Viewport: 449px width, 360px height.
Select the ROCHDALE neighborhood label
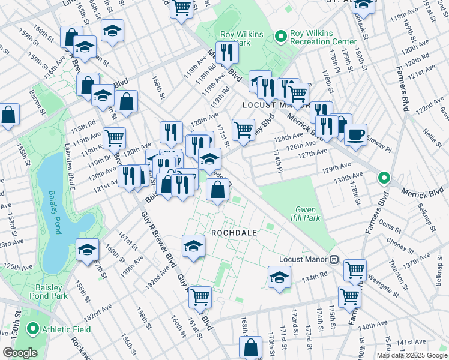point(234,232)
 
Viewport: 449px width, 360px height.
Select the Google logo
point(20,353)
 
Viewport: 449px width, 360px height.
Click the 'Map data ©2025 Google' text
point(412,355)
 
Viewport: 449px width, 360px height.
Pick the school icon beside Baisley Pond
point(88,249)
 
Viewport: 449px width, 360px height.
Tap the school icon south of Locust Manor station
point(279,277)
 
